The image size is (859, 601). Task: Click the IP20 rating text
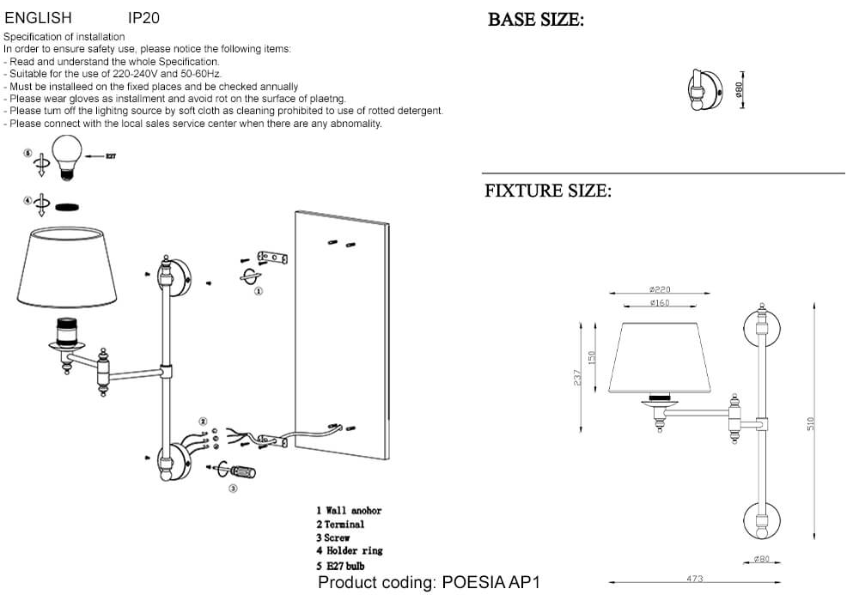tap(143, 17)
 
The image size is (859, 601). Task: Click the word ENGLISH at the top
tap(39, 17)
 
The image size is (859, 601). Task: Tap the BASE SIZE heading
tap(536, 20)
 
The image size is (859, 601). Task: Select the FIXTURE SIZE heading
tap(548, 191)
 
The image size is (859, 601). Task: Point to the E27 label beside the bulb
tap(111, 156)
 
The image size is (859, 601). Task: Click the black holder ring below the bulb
tap(66, 207)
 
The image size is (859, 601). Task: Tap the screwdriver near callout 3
tap(241, 471)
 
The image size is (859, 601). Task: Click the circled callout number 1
tap(258, 291)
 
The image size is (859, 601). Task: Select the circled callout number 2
tap(204, 422)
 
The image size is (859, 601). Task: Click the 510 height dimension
tap(809, 422)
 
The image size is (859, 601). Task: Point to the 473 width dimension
tap(695, 579)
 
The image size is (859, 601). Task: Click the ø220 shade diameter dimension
tap(660, 290)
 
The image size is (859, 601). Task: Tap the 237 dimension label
tap(578, 377)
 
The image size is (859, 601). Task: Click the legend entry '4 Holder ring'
tap(349, 551)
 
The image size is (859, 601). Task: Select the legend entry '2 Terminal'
tap(340, 524)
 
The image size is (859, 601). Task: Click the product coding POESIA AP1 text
tap(429, 583)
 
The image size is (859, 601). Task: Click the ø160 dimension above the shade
tap(660, 303)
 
